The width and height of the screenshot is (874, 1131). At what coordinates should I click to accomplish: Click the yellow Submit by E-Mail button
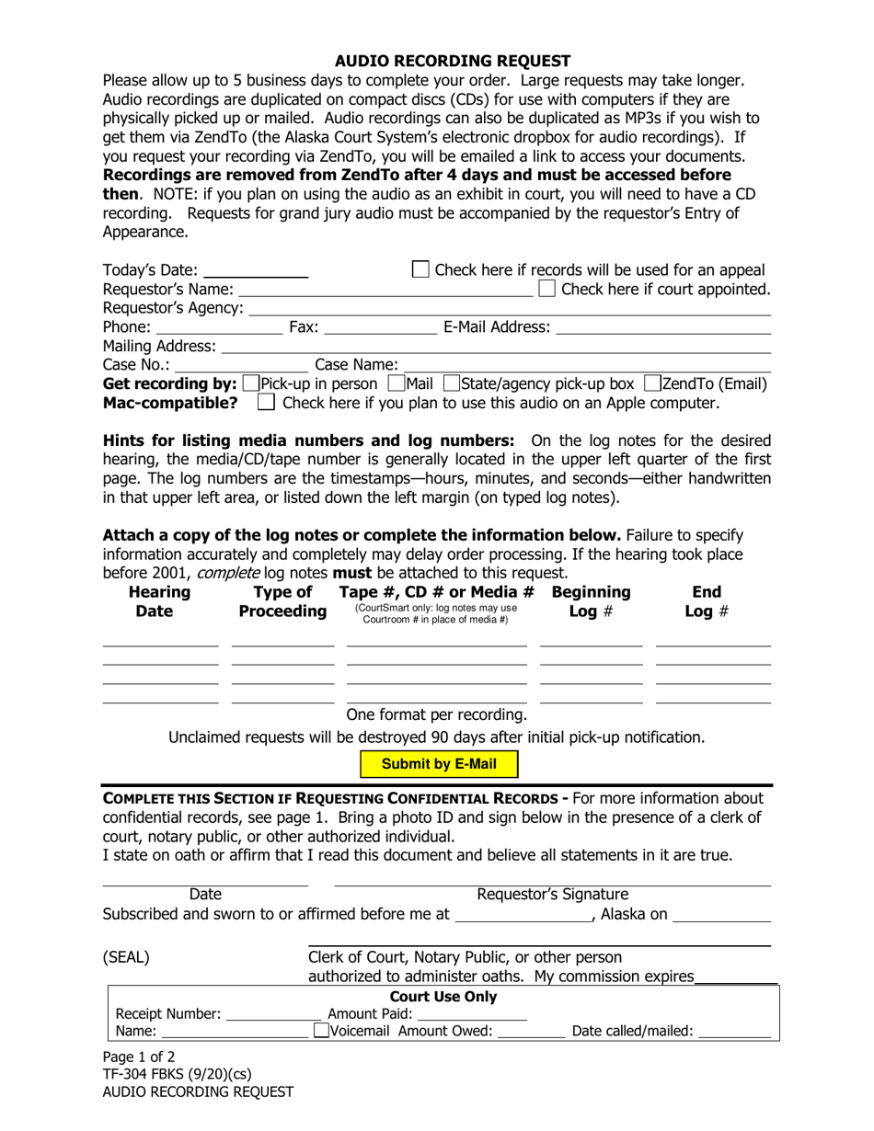(439, 764)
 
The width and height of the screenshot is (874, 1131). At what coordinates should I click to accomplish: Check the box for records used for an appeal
(420, 269)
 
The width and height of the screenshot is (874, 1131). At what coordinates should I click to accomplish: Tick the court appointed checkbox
(547, 289)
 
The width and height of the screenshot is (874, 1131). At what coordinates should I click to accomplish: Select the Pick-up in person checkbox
(251, 383)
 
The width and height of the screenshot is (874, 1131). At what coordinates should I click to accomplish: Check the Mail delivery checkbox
(397, 383)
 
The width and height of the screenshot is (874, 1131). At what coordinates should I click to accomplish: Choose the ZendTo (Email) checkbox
(652, 383)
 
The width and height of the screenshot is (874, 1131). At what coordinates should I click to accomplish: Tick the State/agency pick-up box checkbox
(451, 383)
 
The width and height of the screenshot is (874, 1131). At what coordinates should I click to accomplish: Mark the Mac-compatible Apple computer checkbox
(266, 402)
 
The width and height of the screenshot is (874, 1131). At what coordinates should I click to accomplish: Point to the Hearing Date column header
(160, 601)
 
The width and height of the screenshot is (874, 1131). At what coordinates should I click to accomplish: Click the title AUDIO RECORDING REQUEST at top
(452, 62)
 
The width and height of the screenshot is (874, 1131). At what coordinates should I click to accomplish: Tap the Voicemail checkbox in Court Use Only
(321, 1031)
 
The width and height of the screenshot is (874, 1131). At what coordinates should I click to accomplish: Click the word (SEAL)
(126, 957)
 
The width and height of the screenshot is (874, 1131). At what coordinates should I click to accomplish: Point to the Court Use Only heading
(443, 997)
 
